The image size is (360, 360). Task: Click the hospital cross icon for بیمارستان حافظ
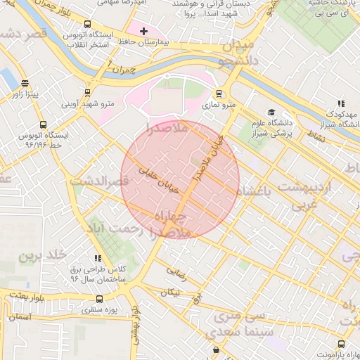(x=143, y=32)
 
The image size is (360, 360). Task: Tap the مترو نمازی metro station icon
(x=219, y=93)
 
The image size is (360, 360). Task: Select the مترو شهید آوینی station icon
(x=87, y=92)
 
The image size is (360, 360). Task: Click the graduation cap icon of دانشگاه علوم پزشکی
(x=271, y=112)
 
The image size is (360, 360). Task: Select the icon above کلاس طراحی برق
(x=98, y=259)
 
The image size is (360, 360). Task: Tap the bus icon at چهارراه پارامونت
(x=341, y=344)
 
